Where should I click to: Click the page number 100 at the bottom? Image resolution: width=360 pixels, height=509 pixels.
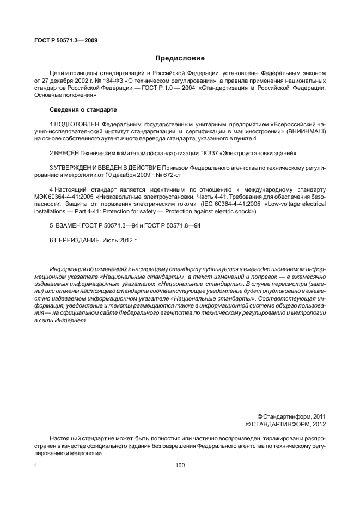pos(180,465)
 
